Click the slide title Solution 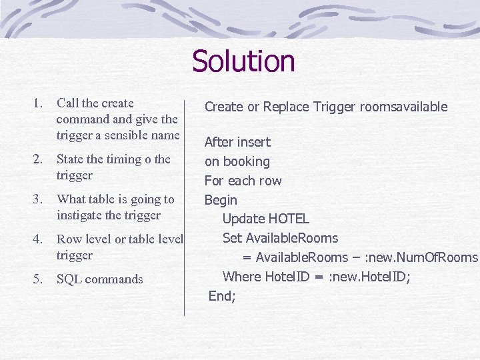[243, 61]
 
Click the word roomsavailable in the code [406, 107]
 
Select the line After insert [237, 142]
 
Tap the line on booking [237, 161]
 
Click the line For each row [243, 181]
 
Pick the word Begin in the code [221, 200]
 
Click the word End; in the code [222, 296]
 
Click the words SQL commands [99, 279]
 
